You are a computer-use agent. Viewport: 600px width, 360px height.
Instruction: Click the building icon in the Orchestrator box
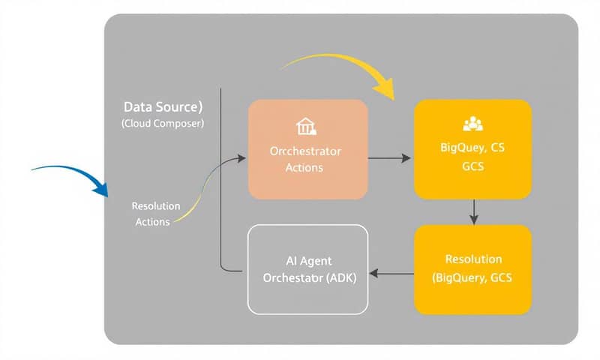[x=304, y=125]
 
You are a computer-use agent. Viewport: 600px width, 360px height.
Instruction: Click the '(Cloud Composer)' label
[x=162, y=124]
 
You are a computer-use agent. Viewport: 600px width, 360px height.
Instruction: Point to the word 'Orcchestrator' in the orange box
[x=304, y=151]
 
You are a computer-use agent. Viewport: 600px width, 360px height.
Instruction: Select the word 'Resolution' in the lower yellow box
[x=473, y=259]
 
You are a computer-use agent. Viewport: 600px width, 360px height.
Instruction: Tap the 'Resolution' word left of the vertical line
[x=155, y=205]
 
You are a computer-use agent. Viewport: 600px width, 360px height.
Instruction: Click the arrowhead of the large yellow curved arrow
[x=386, y=91]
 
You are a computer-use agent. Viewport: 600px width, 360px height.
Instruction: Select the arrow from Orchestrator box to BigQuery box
[x=390, y=158]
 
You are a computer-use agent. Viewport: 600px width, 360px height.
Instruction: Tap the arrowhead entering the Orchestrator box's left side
[x=241, y=157]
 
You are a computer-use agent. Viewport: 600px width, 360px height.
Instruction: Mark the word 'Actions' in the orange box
[x=304, y=167]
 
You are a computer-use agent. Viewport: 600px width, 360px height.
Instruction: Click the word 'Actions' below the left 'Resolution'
[x=152, y=221]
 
